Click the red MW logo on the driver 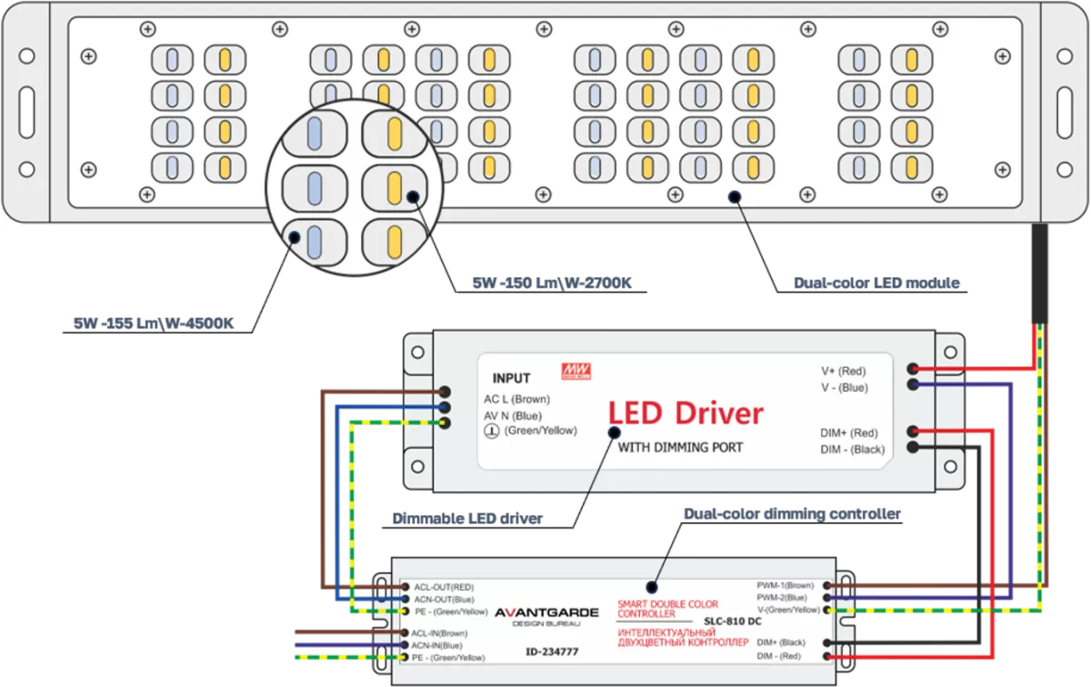tap(576, 371)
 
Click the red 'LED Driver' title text tap(686, 413)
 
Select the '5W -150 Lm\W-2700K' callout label tap(552, 283)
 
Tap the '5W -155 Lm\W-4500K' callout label tap(154, 324)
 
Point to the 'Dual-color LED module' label tap(876, 283)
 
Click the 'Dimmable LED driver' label tap(467, 519)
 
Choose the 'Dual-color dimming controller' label tap(793, 513)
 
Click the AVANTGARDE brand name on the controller tap(547, 612)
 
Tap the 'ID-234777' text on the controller tap(553, 652)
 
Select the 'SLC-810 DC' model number tap(733, 622)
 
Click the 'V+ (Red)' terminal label tap(844, 371)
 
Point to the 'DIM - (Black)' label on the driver tap(853, 450)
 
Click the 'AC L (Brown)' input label tap(516, 399)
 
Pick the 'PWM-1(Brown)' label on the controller tap(786, 585)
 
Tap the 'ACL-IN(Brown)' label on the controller tap(439, 633)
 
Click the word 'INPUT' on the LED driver tap(511, 378)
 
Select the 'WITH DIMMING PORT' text tap(680, 447)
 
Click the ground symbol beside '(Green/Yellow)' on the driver tap(492, 431)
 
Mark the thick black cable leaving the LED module tap(1039, 274)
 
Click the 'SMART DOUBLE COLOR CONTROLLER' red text tap(667, 609)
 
